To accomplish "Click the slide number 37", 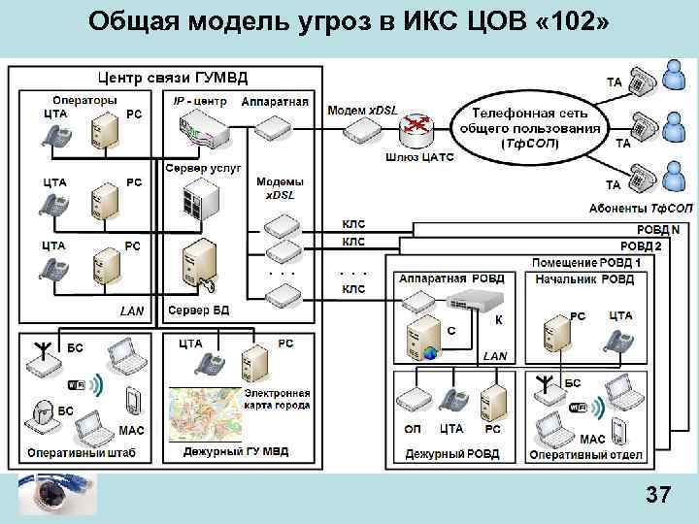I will pos(658,496).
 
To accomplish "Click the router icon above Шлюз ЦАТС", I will pos(418,125).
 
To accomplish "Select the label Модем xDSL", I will pos(361,109).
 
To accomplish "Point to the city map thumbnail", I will pos(204,414).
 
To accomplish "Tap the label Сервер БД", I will pos(200,311).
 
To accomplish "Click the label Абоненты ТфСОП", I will pos(641,209).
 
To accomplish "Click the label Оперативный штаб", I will pos(82,452).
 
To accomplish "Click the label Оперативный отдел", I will pos(584,454).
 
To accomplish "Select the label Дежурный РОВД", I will pos(451,454).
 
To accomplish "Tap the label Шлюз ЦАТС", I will pos(419,157).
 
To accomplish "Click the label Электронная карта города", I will pos(277,399).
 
